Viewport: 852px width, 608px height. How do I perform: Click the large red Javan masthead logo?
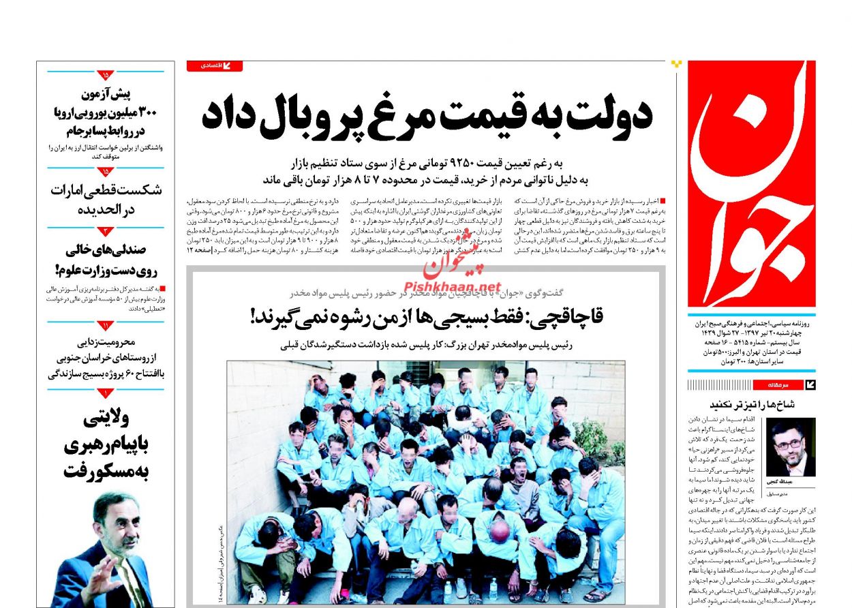coord(751,184)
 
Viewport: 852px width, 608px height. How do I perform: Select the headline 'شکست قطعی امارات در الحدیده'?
coord(106,200)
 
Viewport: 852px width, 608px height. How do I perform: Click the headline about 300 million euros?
coord(106,112)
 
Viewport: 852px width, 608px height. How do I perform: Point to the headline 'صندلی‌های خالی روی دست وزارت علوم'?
coord(106,260)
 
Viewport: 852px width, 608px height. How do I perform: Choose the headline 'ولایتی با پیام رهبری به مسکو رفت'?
coord(106,443)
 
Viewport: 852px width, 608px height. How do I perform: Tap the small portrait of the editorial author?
coord(791,447)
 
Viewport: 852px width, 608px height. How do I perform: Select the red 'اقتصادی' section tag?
coord(214,66)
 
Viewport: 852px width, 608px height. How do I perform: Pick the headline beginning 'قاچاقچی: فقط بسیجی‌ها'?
coord(427,316)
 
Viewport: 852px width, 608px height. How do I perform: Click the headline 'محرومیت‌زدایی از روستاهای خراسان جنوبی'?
coord(106,356)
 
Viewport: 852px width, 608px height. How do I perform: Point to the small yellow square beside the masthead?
coord(676,64)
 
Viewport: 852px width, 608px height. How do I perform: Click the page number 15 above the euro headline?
coord(106,75)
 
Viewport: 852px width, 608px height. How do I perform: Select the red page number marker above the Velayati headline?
coord(106,393)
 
